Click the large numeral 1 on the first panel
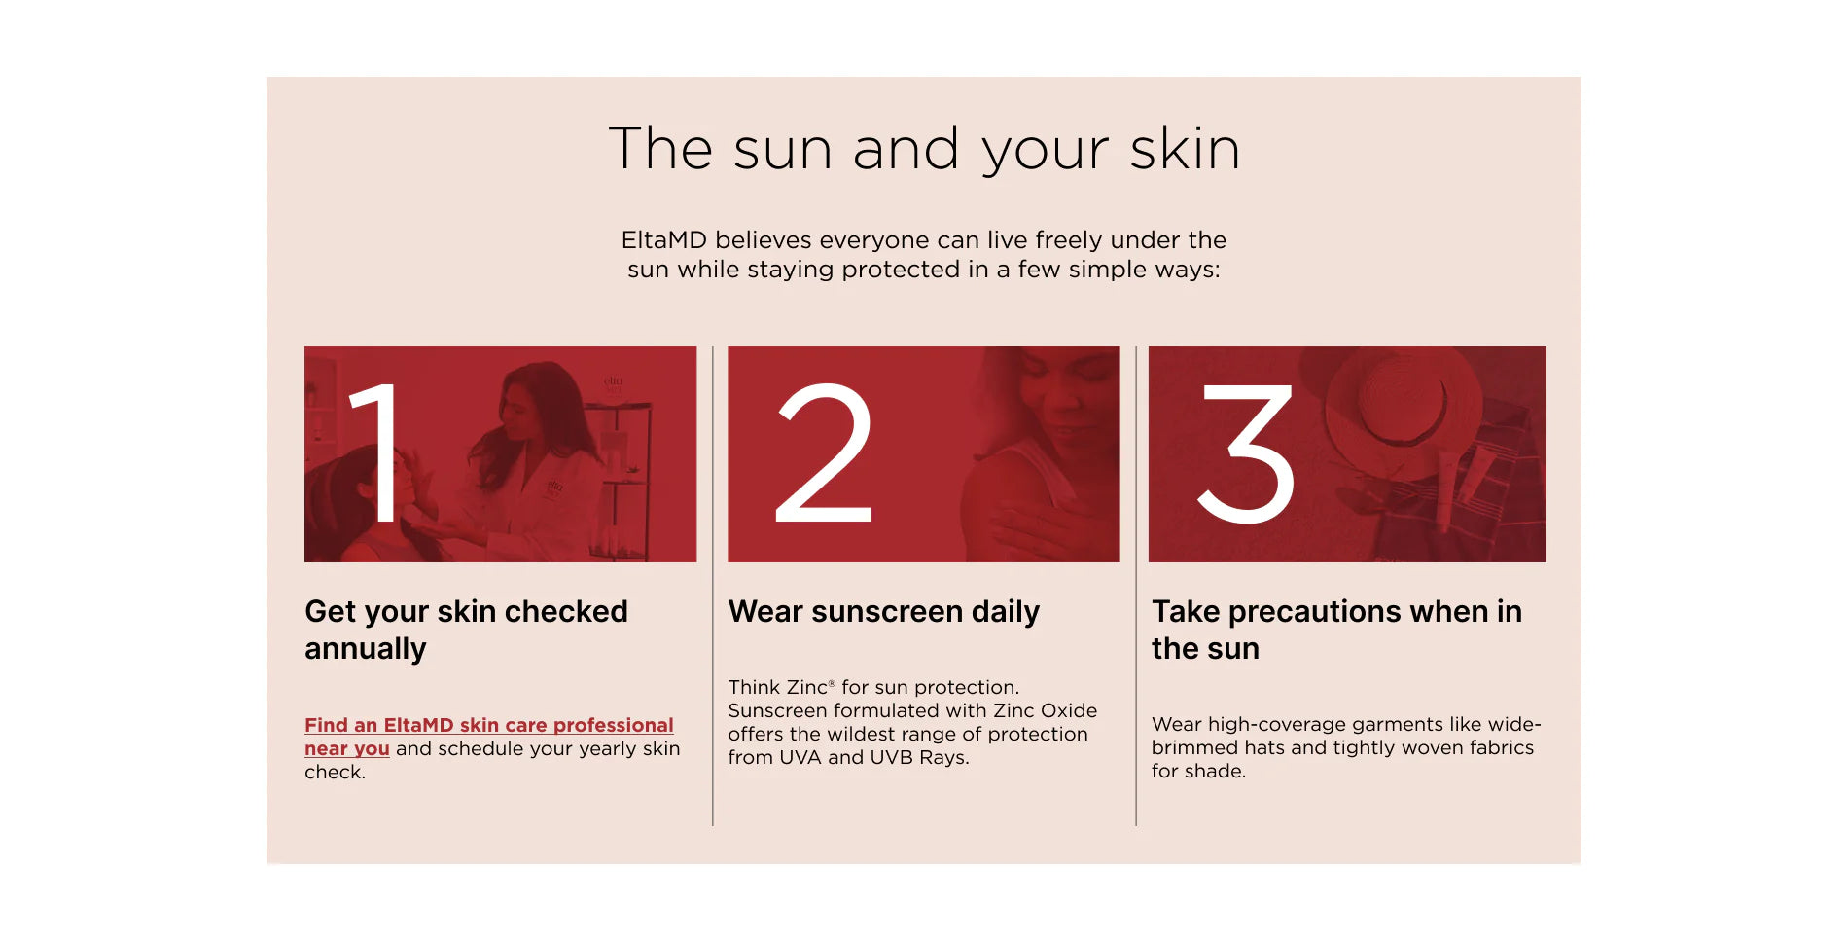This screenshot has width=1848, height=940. [377, 452]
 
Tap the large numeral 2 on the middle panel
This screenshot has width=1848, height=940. [824, 452]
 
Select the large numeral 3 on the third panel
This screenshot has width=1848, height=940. [1246, 453]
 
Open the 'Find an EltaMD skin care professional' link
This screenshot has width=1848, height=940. [488, 737]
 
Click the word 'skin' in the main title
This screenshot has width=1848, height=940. [1185, 149]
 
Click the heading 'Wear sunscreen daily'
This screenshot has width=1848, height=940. [884, 611]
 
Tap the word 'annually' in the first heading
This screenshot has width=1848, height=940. [366, 649]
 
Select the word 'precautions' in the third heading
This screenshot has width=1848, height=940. [1315, 611]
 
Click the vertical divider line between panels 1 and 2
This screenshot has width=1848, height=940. [713, 586]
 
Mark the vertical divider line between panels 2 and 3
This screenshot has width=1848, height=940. [1136, 586]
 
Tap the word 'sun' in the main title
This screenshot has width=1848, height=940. [783, 151]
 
